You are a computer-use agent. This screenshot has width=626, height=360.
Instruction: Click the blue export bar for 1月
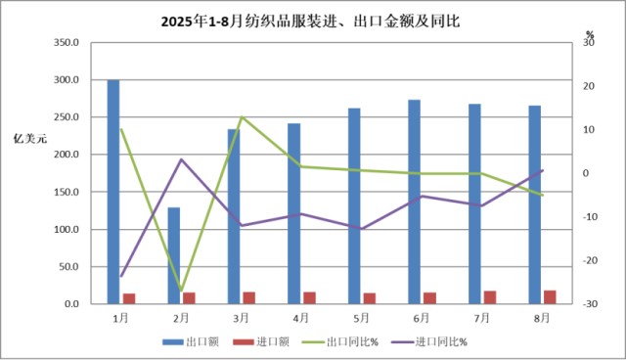(113, 192)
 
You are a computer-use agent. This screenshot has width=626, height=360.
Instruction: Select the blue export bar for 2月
(174, 255)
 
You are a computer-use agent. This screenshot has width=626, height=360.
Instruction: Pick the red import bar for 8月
(550, 297)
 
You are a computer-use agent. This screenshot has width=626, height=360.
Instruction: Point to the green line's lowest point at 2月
(181, 292)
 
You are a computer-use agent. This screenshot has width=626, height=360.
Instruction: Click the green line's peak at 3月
(242, 117)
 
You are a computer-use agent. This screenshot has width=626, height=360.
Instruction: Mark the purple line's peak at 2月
(181, 159)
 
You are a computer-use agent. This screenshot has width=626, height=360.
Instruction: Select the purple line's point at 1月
(121, 276)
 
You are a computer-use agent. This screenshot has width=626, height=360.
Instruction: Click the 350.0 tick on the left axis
(65, 43)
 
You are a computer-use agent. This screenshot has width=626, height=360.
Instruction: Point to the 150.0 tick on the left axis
(65, 193)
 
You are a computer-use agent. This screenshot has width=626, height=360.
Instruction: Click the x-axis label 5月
(362, 318)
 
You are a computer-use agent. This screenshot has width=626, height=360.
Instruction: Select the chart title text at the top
(312, 17)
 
